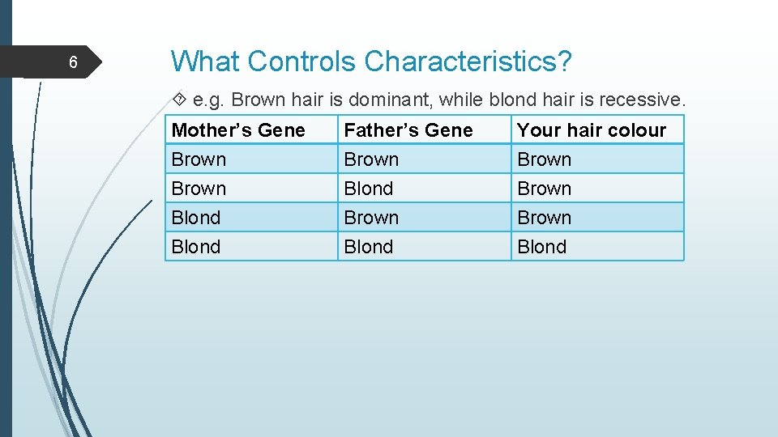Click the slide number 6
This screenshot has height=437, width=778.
point(73,62)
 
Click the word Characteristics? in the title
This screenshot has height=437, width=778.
point(468,61)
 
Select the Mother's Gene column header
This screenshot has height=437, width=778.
point(238,130)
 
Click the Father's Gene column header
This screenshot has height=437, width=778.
point(408,130)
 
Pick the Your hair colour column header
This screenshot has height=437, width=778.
point(592,130)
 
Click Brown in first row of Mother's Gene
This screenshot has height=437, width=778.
point(199,159)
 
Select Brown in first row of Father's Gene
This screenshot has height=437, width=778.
point(372,159)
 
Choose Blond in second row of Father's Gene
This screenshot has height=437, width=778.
point(369,189)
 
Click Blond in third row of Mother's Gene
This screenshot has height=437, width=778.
point(196,218)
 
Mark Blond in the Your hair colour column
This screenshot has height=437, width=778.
point(542,247)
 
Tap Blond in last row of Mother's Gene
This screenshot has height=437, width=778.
point(196,247)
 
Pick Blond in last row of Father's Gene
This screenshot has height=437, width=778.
point(369,247)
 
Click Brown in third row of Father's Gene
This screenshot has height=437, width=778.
point(372,218)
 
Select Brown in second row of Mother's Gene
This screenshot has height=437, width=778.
point(199,189)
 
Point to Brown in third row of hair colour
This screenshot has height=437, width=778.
point(545,218)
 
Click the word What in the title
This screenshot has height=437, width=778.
point(205,61)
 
